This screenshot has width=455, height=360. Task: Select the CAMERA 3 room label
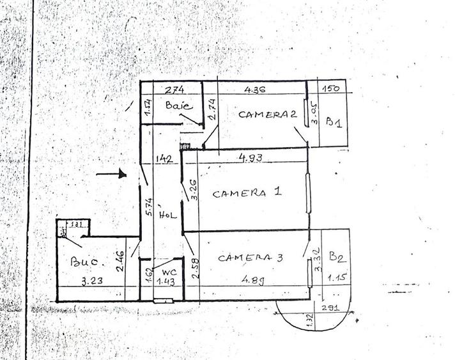coord(251,258)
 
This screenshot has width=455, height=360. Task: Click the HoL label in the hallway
coord(168,215)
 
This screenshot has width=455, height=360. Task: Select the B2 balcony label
coord(337,258)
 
